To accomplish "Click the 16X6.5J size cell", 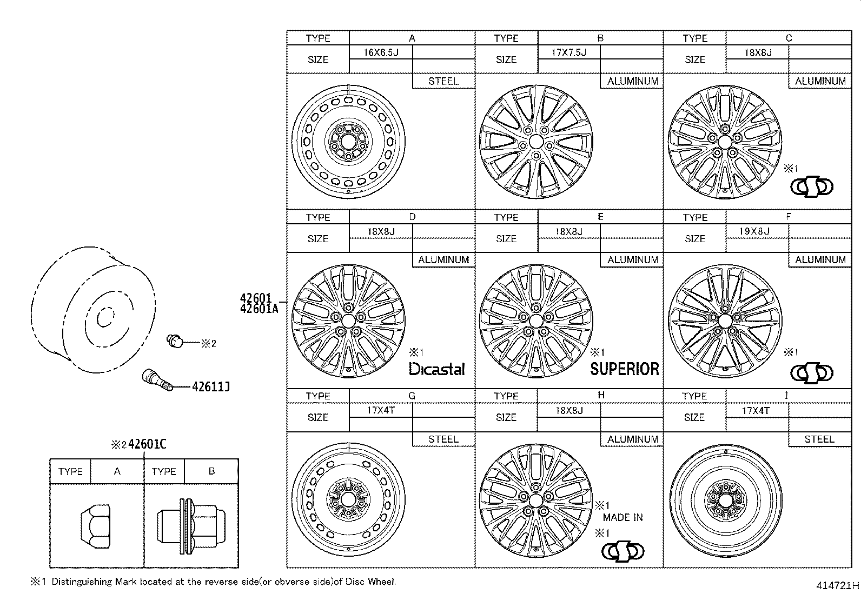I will pyautogui.click(x=381, y=52).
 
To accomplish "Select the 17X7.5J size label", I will pyautogui.click(x=568, y=52).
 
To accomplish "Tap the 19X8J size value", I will pyautogui.click(x=754, y=231).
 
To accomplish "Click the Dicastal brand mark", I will pyautogui.click(x=436, y=369).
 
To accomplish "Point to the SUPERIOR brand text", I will pyautogui.click(x=625, y=369).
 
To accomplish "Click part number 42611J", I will pyautogui.click(x=211, y=386).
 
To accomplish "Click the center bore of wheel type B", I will pyautogui.click(x=536, y=142).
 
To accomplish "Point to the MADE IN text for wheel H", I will pyautogui.click(x=622, y=517).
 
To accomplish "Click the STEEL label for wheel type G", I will pyautogui.click(x=443, y=439).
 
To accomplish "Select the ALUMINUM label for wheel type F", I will pyautogui.click(x=820, y=260).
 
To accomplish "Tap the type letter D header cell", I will pyautogui.click(x=412, y=217).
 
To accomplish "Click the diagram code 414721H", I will pyautogui.click(x=837, y=585).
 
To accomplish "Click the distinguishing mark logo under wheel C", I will pyautogui.click(x=812, y=187).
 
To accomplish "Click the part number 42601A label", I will pyautogui.click(x=259, y=309).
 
